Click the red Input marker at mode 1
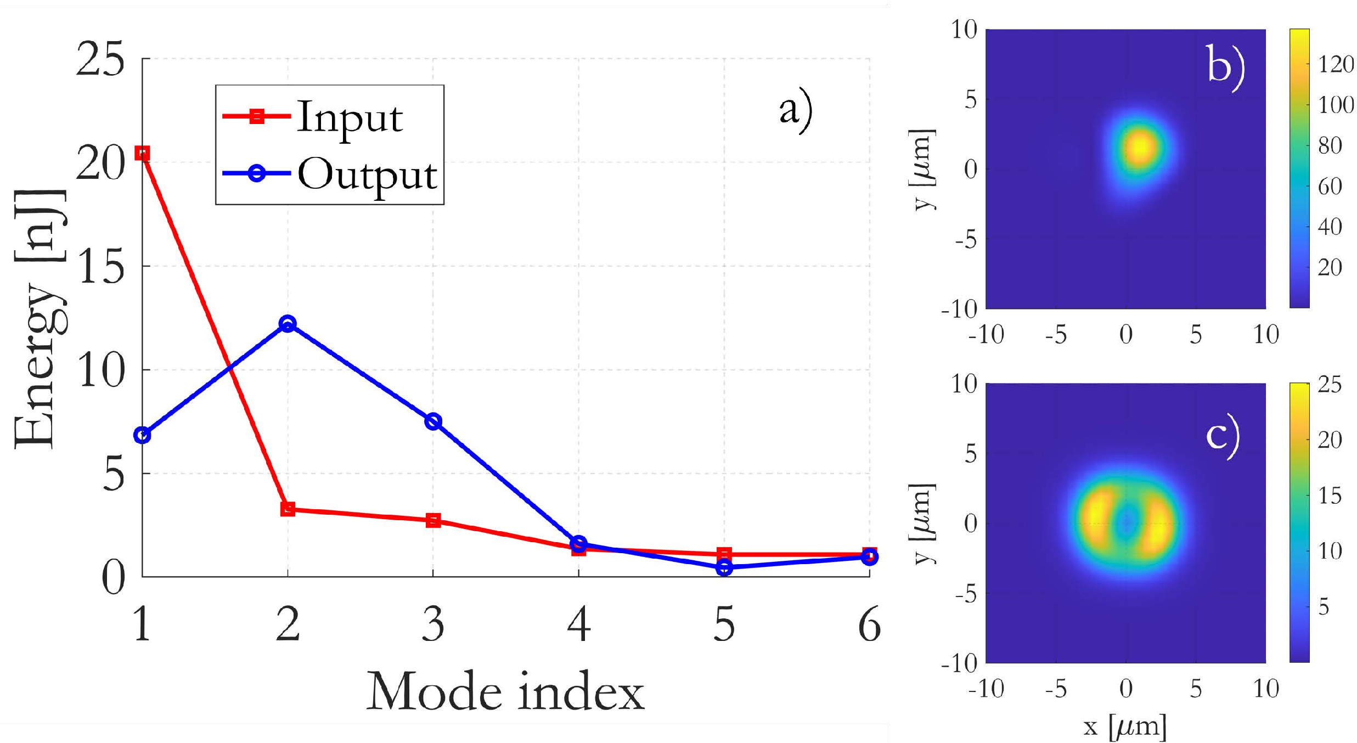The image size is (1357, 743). click(x=142, y=154)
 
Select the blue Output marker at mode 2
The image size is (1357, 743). click(x=288, y=323)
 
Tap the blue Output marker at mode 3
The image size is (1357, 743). click(x=433, y=421)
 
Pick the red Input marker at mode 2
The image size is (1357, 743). click(x=288, y=509)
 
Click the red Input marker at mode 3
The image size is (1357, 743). click(x=433, y=520)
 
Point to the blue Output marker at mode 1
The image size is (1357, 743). click(x=142, y=435)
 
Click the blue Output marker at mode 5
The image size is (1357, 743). click(x=724, y=568)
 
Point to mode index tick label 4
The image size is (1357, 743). click(x=579, y=624)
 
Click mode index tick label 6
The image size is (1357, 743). click(x=869, y=624)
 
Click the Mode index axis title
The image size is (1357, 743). click(x=505, y=691)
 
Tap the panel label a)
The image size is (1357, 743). click(x=796, y=110)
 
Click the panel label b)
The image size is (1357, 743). click(x=1226, y=66)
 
